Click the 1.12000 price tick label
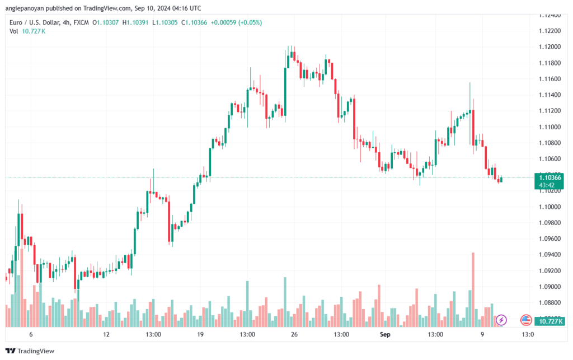click(551, 46)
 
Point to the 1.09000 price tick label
click(551, 287)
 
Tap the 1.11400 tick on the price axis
click(551, 95)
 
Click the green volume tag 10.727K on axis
click(549, 321)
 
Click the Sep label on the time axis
click(384, 334)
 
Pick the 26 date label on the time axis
click(294, 334)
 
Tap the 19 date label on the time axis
click(200, 334)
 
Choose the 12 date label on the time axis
click(106, 334)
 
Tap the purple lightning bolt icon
click(501, 320)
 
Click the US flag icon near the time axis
click(526, 320)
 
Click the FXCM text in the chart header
click(82, 22)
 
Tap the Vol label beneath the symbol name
click(14, 31)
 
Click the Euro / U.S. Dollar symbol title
click(35, 22)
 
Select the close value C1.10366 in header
click(176, 22)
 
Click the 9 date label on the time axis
click(481, 334)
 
